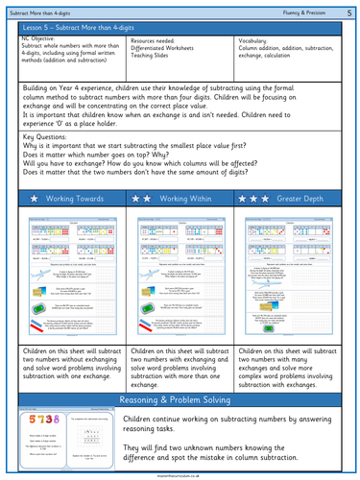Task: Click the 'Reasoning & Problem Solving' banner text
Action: (x=180, y=372)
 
